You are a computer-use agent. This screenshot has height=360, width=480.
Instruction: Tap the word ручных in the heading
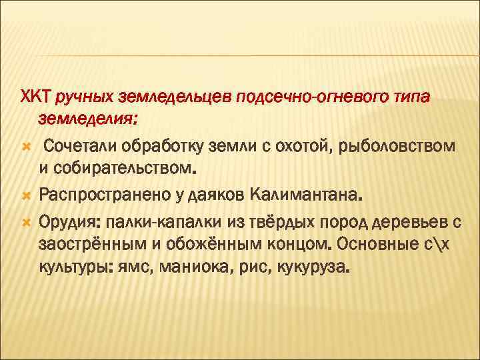(x=85, y=98)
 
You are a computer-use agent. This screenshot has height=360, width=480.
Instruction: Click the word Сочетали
(x=79, y=146)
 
